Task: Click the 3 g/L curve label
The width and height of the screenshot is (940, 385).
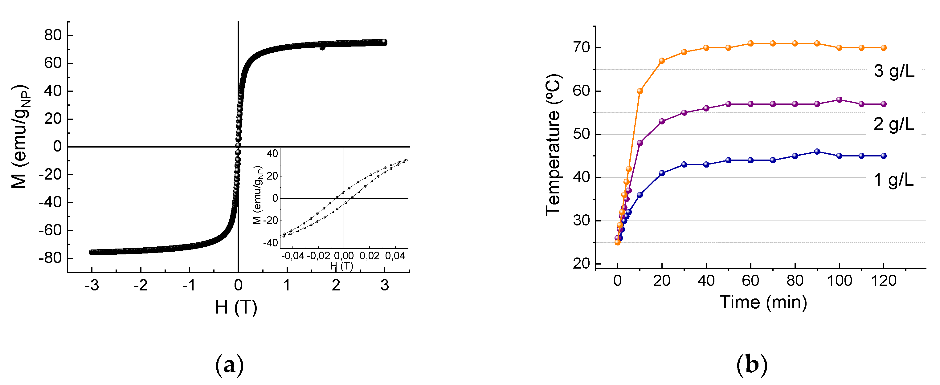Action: pos(894,71)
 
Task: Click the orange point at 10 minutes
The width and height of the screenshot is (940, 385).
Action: pos(640,91)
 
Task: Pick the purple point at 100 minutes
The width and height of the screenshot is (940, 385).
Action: pos(839,99)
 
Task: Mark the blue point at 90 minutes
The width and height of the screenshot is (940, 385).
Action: pos(817,152)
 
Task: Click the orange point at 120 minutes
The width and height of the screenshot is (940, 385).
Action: pos(883,48)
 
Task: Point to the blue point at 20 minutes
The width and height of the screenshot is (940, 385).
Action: pos(662,173)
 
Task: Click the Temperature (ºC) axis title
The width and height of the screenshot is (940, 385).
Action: pos(553,145)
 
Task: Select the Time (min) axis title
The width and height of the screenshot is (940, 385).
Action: pos(763,302)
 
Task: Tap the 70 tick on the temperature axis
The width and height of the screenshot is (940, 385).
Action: pos(581,47)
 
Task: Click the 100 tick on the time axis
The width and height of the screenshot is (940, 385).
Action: pos(839,281)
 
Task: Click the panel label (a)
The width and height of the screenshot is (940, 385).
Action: pos(229,365)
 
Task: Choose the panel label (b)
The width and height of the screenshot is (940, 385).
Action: pos(752,365)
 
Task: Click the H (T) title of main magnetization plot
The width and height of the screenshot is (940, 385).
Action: pos(236,307)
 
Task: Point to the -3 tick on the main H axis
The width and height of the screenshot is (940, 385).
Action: pos(92,286)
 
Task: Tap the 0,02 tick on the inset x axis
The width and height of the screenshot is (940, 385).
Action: pos(369,256)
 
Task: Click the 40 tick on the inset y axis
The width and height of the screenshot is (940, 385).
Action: pos(272,153)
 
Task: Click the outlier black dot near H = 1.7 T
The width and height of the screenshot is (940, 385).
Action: pos(322,47)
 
